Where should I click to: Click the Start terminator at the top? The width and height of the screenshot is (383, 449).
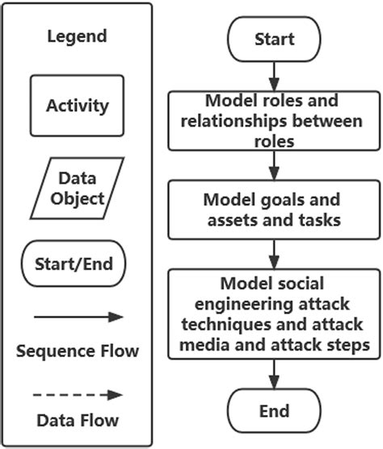274,39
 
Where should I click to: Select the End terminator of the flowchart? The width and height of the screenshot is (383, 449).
274,412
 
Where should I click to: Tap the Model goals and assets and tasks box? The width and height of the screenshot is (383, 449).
273,210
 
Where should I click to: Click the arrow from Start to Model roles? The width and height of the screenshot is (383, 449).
274,76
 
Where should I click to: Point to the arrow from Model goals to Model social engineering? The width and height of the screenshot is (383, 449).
274,254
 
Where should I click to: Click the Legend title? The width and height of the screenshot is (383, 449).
77,36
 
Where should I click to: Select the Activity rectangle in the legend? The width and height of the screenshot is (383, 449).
77,106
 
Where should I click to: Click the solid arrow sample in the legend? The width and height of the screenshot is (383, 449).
77,317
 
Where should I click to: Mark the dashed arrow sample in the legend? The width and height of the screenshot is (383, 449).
77,395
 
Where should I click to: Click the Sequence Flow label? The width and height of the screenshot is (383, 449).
77,351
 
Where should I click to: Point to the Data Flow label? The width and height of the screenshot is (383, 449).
77,420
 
